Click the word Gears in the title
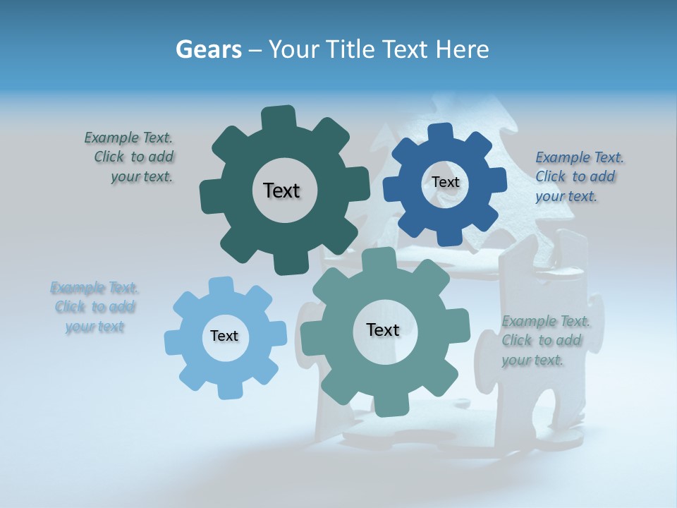pyautogui.click(x=208, y=49)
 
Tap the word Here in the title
pyautogui.click(x=463, y=49)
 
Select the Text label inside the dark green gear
pyautogui.click(x=281, y=190)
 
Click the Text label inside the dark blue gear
pyautogui.click(x=445, y=182)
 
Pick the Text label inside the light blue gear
pyautogui.click(x=224, y=336)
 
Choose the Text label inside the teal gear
pyautogui.click(x=383, y=329)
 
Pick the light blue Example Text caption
pyautogui.click(x=94, y=307)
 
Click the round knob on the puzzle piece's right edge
pyautogui.click(x=594, y=315)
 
